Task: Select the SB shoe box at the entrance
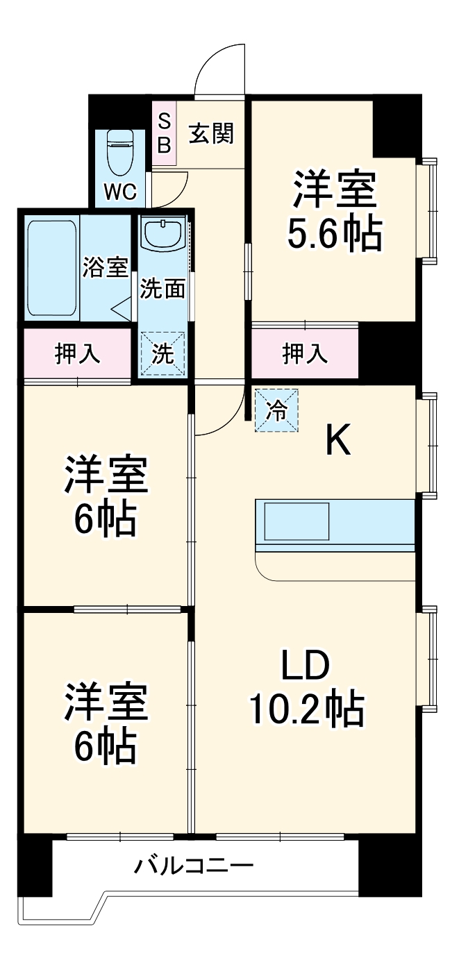165,133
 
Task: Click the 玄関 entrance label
211,133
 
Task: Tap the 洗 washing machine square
163,354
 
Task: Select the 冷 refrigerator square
276,410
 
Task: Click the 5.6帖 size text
335,236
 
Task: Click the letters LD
304,668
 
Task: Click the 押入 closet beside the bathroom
78,353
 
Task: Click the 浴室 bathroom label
106,267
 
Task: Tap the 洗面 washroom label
163,289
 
